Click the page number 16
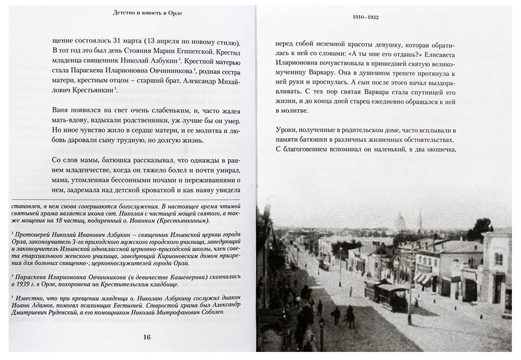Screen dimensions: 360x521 click(147, 337)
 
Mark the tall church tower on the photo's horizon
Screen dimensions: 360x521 click(420, 221)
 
